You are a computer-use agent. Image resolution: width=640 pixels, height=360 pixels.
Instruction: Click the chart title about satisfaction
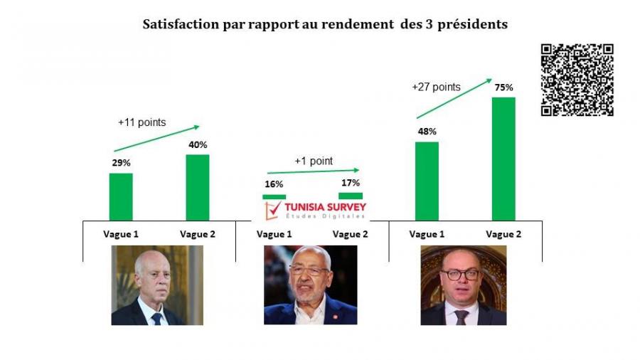coord(325,24)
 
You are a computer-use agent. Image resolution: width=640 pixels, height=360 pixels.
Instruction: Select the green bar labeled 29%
coord(121,196)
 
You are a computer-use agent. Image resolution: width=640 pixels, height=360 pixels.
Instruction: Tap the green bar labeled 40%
coord(198,187)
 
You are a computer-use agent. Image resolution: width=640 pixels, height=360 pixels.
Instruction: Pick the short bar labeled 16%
coord(274,196)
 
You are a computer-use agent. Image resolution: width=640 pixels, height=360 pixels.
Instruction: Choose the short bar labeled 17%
coord(351,196)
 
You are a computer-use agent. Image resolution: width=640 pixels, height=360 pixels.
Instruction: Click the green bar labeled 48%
coord(427,181)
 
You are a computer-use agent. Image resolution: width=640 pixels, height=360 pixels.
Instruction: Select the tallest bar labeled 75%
coord(503,159)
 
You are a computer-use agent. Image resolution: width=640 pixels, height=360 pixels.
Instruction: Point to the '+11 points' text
coord(142,122)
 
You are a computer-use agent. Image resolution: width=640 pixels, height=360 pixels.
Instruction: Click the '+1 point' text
coord(314,162)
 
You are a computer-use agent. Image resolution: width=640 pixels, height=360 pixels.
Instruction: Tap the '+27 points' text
coord(436,88)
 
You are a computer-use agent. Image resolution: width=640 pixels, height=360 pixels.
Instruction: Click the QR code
coord(577,80)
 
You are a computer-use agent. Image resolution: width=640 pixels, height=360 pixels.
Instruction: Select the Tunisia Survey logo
coord(315,209)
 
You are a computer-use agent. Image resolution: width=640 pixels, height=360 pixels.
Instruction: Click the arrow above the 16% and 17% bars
coord(314,171)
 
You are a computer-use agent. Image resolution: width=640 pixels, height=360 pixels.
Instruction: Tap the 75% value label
coord(503,87)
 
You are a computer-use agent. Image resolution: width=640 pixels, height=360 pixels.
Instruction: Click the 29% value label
coord(121,163)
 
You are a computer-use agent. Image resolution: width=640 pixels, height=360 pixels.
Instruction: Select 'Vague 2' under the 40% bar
coord(198,234)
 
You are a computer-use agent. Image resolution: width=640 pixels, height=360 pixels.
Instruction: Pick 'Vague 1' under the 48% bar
coord(427,234)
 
